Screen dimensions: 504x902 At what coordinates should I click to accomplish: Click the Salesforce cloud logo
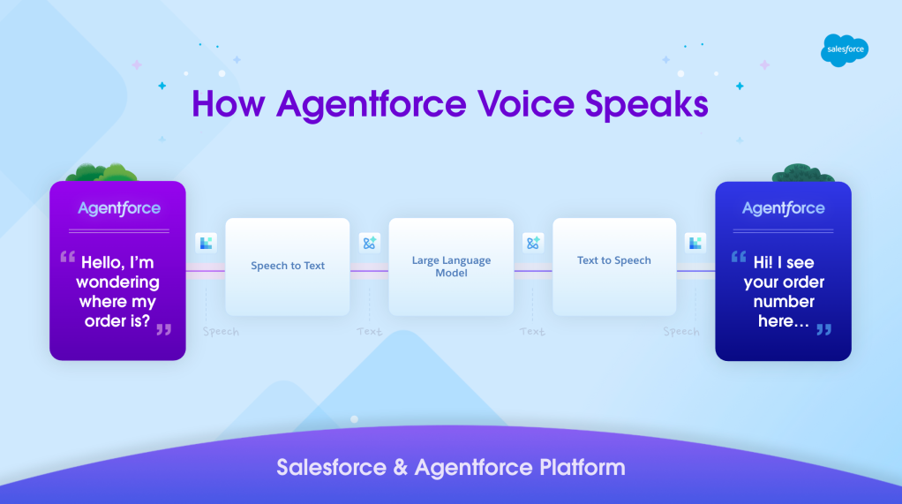(x=844, y=50)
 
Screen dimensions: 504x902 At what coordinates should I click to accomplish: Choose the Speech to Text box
(x=288, y=267)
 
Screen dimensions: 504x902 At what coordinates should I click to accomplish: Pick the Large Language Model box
(x=451, y=267)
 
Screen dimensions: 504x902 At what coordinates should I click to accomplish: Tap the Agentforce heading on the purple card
(x=118, y=208)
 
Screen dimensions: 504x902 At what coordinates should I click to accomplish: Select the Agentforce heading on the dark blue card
(x=783, y=208)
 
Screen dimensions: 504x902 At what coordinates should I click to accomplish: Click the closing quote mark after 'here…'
(x=823, y=329)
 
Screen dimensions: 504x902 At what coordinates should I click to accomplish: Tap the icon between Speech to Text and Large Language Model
(x=369, y=243)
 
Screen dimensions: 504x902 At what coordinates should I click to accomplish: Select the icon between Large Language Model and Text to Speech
(x=532, y=243)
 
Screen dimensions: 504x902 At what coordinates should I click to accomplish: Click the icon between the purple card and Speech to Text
(x=206, y=243)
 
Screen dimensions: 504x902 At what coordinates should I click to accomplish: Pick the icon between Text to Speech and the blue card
(x=695, y=243)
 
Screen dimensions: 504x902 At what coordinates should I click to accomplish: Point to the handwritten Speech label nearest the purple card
(x=220, y=332)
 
